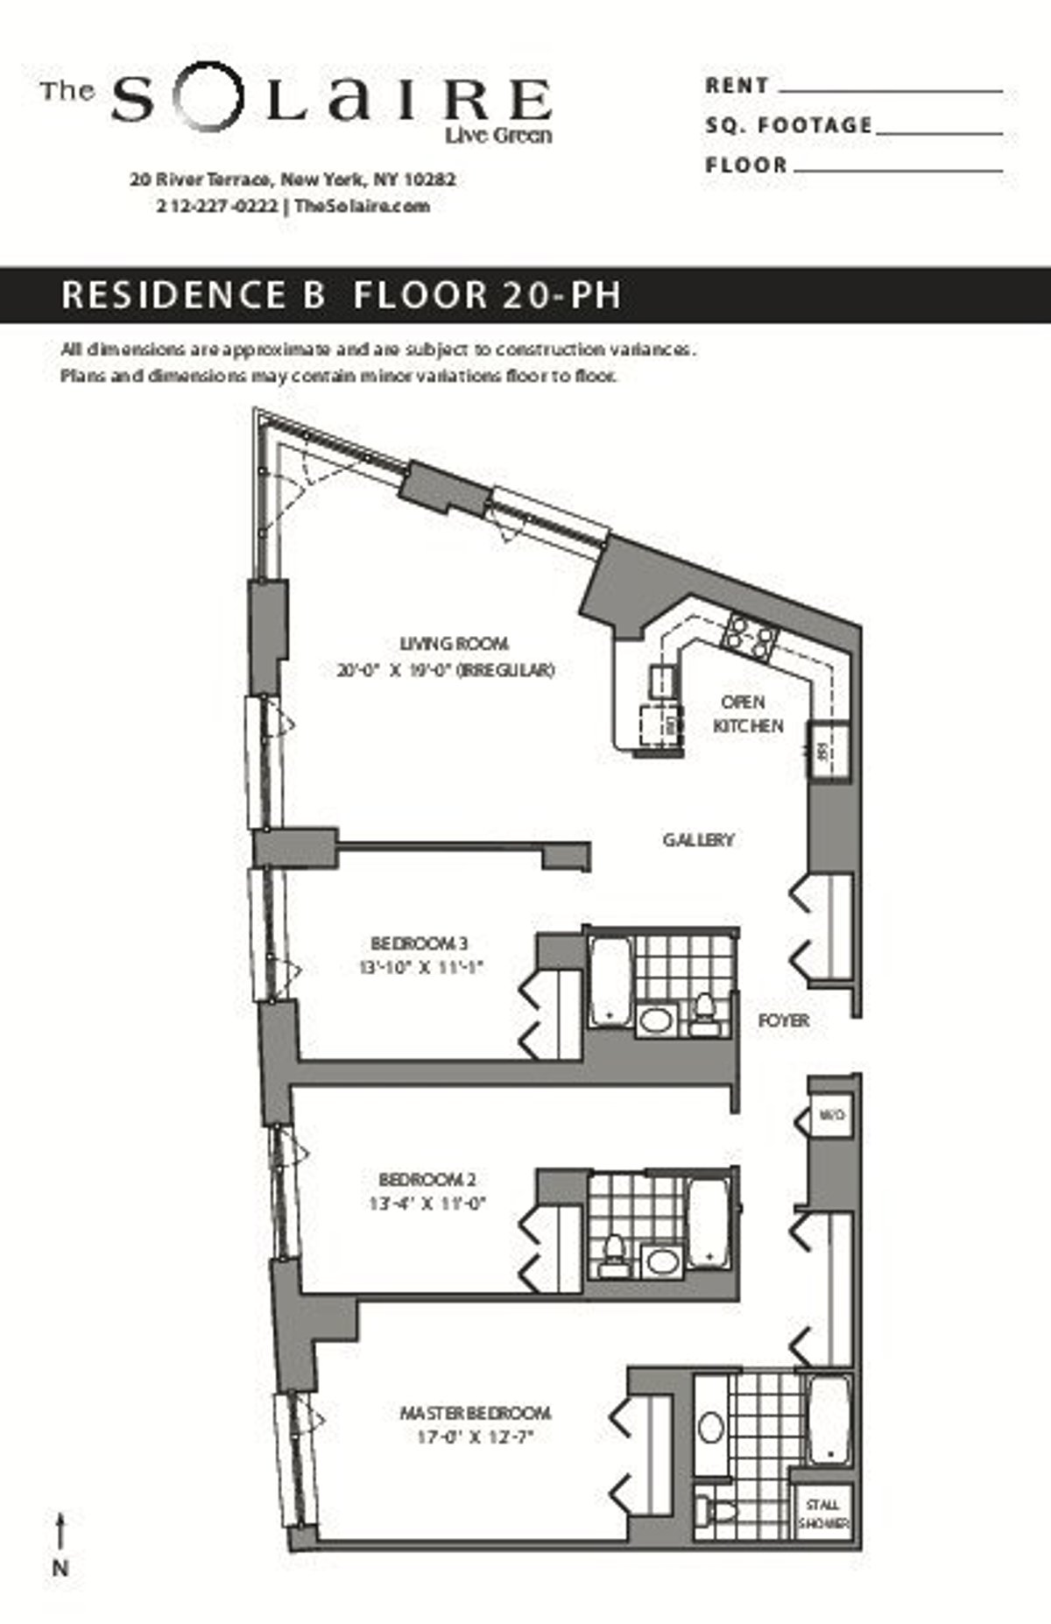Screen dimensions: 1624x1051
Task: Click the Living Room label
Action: pos(454,644)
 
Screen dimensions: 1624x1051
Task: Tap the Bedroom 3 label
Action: pos(419,943)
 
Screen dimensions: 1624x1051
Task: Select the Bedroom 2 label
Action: pos(427,1179)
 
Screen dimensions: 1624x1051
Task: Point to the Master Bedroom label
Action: pos(475,1413)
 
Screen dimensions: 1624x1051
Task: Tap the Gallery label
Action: pos(698,840)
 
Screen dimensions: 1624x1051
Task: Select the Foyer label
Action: pos(783,1020)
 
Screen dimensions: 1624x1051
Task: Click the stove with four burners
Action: pos(750,637)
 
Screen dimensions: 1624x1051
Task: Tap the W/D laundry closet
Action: pos(830,1115)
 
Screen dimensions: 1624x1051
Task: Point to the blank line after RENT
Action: pos(890,89)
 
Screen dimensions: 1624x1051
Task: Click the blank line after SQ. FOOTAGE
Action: pos(938,132)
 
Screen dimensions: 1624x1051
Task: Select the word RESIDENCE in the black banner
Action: pos(173,295)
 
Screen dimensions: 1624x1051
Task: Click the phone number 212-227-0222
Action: pos(217,207)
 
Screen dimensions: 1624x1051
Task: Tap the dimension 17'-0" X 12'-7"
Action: pos(475,1437)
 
